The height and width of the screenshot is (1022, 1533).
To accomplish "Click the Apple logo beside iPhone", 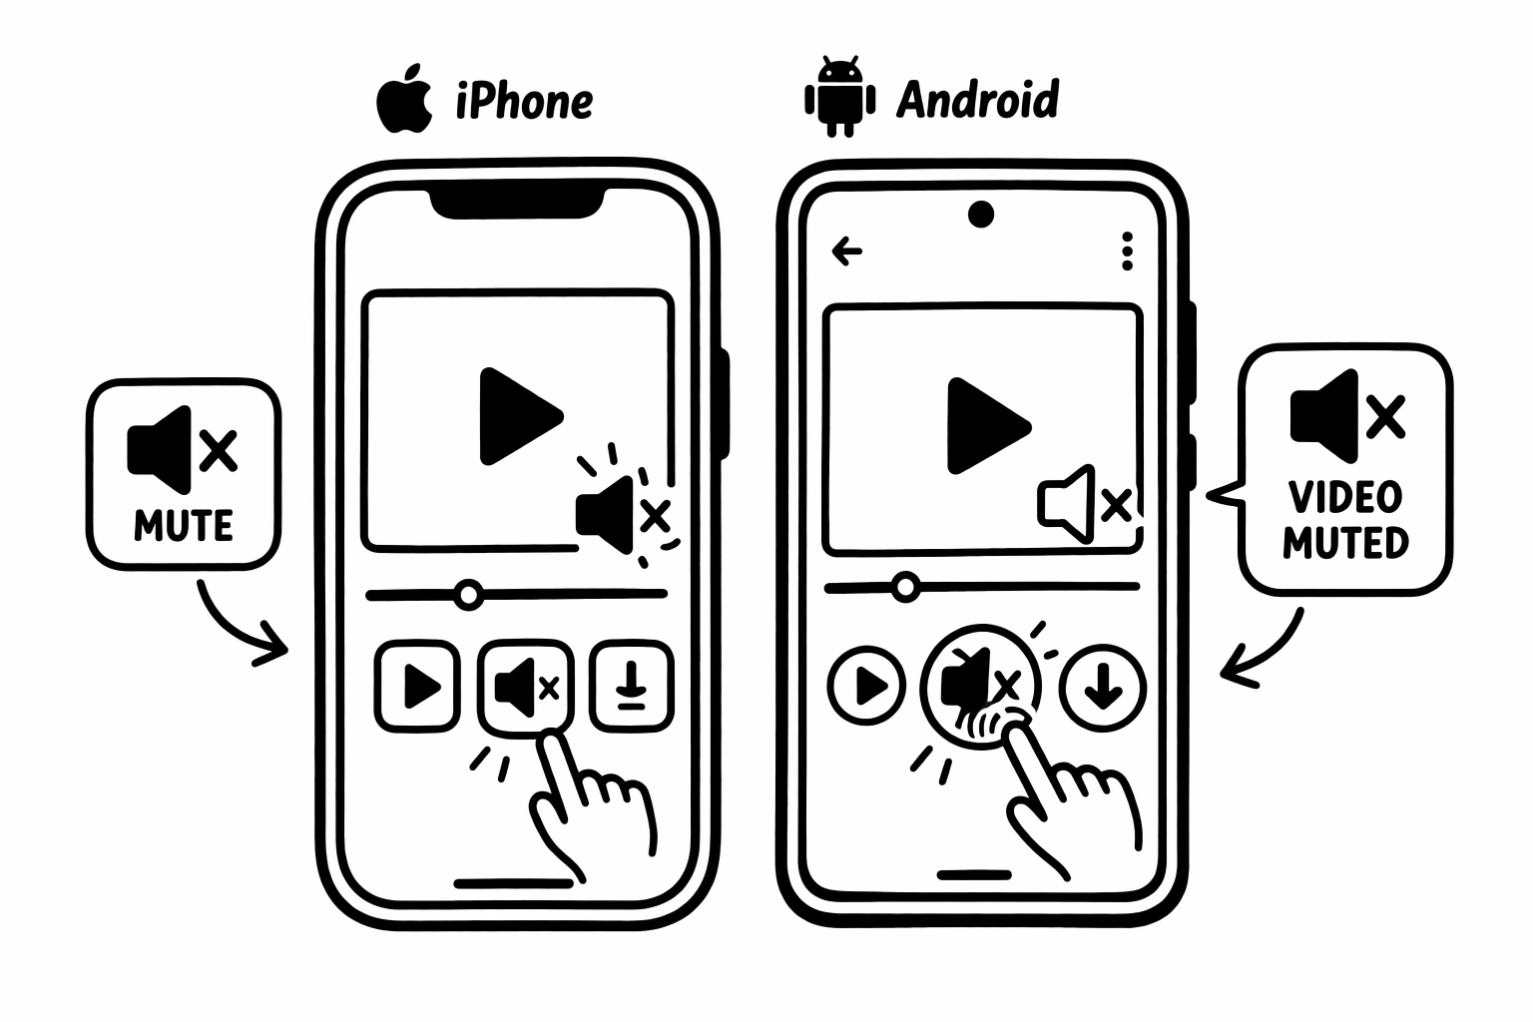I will pyautogui.click(x=404, y=100).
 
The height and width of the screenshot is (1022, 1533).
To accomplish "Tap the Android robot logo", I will pyautogui.click(x=839, y=98).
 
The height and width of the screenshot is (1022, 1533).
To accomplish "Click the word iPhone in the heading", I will pyautogui.click(x=524, y=101).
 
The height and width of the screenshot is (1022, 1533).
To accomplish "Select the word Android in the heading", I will pyautogui.click(x=977, y=100).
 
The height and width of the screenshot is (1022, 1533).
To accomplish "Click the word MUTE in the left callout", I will pyautogui.click(x=184, y=525).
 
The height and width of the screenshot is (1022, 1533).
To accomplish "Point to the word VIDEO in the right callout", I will pyautogui.click(x=1345, y=496).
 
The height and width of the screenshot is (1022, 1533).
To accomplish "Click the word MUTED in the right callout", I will pyautogui.click(x=1345, y=543).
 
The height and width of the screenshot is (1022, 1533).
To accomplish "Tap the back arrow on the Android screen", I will pyautogui.click(x=846, y=251).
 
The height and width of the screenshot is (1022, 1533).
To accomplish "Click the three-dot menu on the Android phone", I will pyautogui.click(x=1127, y=252).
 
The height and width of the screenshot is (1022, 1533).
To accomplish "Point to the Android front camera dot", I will pyautogui.click(x=981, y=215).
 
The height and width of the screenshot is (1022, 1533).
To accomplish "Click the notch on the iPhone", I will pyautogui.click(x=517, y=203).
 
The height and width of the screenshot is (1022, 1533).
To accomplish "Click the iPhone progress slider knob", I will pyautogui.click(x=467, y=595).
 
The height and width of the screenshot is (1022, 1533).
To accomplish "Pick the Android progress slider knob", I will pyautogui.click(x=905, y=586).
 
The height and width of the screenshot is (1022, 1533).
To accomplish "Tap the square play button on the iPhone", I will pyautogui.click(x=418, y=686).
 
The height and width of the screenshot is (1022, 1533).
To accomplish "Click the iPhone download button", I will pyautogui.click(x=630, y=686).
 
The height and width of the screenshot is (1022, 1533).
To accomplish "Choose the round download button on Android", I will pyautogui.click(x=1102, y=687).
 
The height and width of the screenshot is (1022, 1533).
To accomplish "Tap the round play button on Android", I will pyautogui.click(x=866, y=686).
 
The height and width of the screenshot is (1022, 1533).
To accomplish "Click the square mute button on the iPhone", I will pyautogui.click(x=525, y=687).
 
